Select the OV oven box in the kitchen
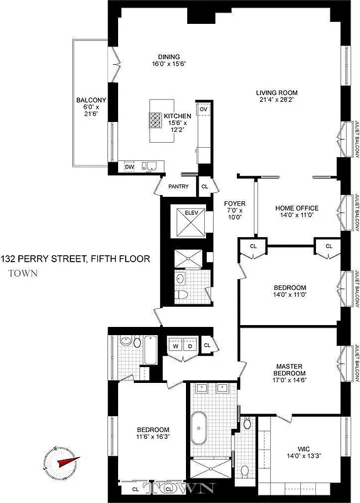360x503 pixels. point(204,109)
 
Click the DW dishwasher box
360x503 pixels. point(129,167)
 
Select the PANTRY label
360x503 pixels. point(178,186)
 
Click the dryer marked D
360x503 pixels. point(190,346)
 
